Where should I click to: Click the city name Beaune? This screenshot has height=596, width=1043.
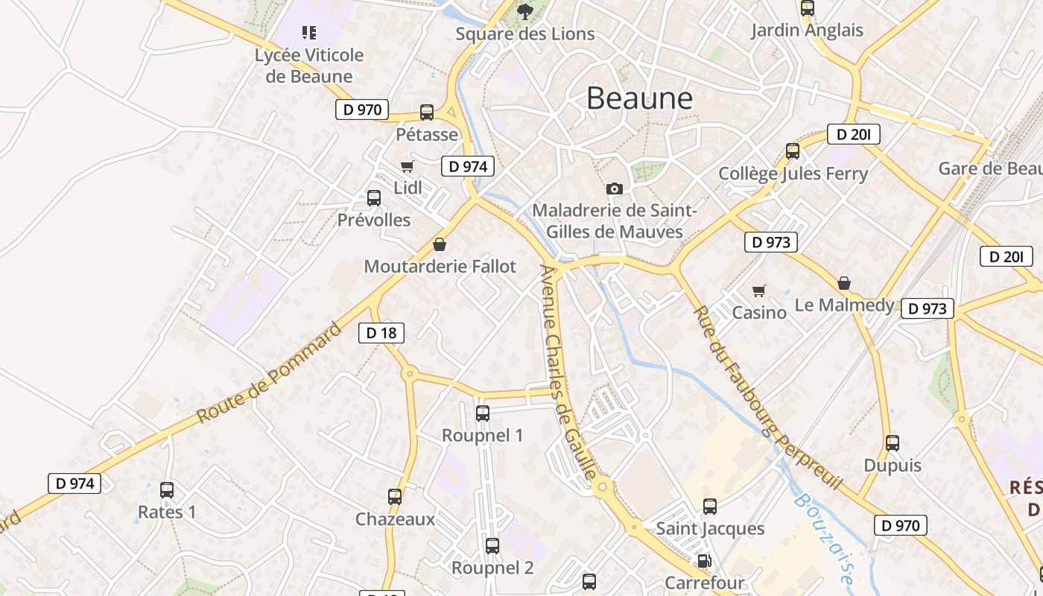click(639, 98)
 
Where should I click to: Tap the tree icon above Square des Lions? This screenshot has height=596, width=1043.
click(525, 11)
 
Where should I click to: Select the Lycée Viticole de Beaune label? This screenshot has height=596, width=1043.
click(309, 66)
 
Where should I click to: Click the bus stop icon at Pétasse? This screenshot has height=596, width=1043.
click(427, 112)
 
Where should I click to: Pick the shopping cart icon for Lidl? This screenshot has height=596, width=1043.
click(407, 166)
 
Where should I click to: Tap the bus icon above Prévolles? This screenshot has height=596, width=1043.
click(374, 198)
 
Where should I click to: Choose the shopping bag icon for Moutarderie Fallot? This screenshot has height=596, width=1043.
click(440, 244)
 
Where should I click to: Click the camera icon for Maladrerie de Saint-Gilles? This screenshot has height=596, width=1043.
click(615, 188)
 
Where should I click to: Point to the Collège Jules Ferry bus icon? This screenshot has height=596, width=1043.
click(793, 151)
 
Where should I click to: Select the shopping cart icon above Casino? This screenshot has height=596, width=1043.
click(758, 291)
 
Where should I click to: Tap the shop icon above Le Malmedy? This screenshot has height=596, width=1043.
click(844, 283)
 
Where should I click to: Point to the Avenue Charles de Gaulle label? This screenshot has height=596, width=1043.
click(568, 372)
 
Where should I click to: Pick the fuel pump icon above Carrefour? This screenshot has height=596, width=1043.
click(703, 561)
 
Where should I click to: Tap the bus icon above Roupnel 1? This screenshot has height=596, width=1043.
click(483, 413)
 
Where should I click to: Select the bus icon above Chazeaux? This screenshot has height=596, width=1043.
click(395, 497)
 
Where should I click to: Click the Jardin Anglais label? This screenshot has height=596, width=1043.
click(807, 31)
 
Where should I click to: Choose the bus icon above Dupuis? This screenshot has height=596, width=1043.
click(893, 443)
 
